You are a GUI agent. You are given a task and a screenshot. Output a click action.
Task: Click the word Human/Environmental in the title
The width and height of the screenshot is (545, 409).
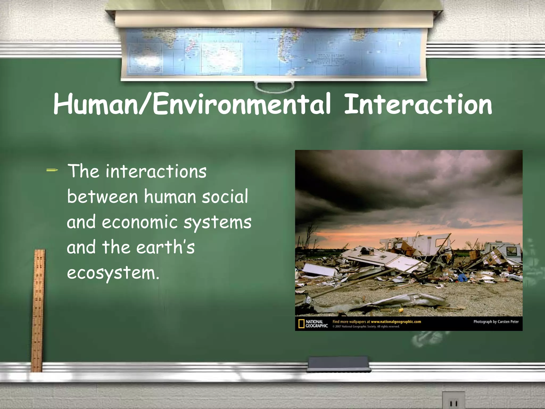[x=192, y=104]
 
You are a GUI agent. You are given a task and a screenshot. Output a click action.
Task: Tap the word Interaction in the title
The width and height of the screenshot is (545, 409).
[x=418, y=104]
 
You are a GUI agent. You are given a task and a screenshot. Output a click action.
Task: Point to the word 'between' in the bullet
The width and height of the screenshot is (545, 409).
[x=102, y=197]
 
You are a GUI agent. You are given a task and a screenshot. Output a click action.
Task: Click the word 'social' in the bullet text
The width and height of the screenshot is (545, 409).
[x=225, y=197]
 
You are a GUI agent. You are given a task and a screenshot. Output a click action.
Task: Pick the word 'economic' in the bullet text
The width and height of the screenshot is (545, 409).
[x=139, y=222]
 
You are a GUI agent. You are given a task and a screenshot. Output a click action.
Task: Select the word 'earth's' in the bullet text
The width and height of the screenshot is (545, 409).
[x=166, y=247]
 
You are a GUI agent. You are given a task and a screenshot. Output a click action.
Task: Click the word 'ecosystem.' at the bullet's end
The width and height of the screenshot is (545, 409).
[x=113, y=273]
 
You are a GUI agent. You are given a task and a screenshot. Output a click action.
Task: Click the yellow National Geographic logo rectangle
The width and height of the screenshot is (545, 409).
[x=301, y=324]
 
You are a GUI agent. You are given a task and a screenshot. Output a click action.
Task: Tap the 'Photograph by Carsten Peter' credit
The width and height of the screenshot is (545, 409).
[x=496, y=322]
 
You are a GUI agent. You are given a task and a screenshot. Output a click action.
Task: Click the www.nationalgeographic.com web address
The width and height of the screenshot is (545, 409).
[x=396, y=322]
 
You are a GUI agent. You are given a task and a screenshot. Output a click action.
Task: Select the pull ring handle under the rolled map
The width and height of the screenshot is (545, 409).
[x=274, y=87]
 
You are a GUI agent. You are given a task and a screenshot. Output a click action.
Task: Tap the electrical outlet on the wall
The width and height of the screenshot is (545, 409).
[x=453, y=401]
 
